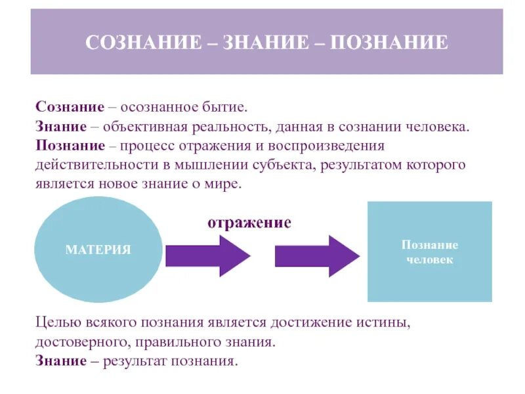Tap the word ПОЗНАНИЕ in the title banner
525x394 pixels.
pos(389,43)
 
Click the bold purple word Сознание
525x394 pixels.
pos(70,106)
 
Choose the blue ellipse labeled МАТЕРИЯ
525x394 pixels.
pos(98,250)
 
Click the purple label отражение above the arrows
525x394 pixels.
pos(249,223)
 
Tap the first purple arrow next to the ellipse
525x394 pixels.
pos(207,255)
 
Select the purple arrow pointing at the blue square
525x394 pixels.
pos(317,255)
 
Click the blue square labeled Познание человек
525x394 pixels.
pos(430,252)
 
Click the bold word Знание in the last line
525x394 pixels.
pos(61,362)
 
